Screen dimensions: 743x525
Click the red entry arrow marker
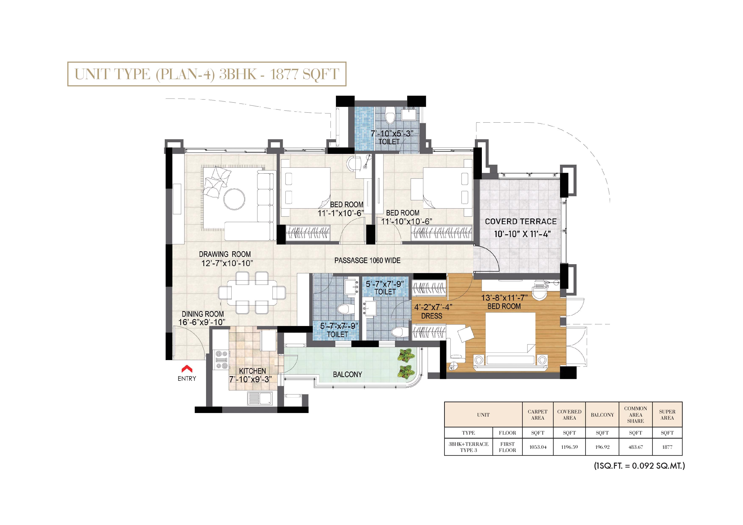[187, 369]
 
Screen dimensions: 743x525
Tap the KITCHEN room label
[252, 371]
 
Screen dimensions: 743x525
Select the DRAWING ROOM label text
[225, 254]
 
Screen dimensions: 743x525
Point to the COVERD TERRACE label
[521, 222]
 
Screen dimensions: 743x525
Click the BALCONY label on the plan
[347, 374]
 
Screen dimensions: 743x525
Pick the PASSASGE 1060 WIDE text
[367, 260]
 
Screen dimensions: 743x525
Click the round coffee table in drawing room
[234, 199]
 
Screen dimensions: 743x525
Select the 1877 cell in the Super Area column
[667, 447]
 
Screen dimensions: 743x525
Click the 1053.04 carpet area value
[538, 447]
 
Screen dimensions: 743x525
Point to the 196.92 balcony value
[602, 447]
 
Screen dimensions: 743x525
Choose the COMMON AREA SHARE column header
[636, 415]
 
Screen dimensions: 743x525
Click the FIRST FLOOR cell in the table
[507, 447]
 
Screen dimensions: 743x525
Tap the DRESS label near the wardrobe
[432, 316]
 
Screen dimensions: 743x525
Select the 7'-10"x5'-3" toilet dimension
[392, 134]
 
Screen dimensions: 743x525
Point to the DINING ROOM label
[202, 314]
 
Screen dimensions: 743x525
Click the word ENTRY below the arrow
[187, 379]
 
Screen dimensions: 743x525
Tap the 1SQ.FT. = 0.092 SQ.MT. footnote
[639, 466]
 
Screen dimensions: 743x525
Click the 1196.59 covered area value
[569, 447]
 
